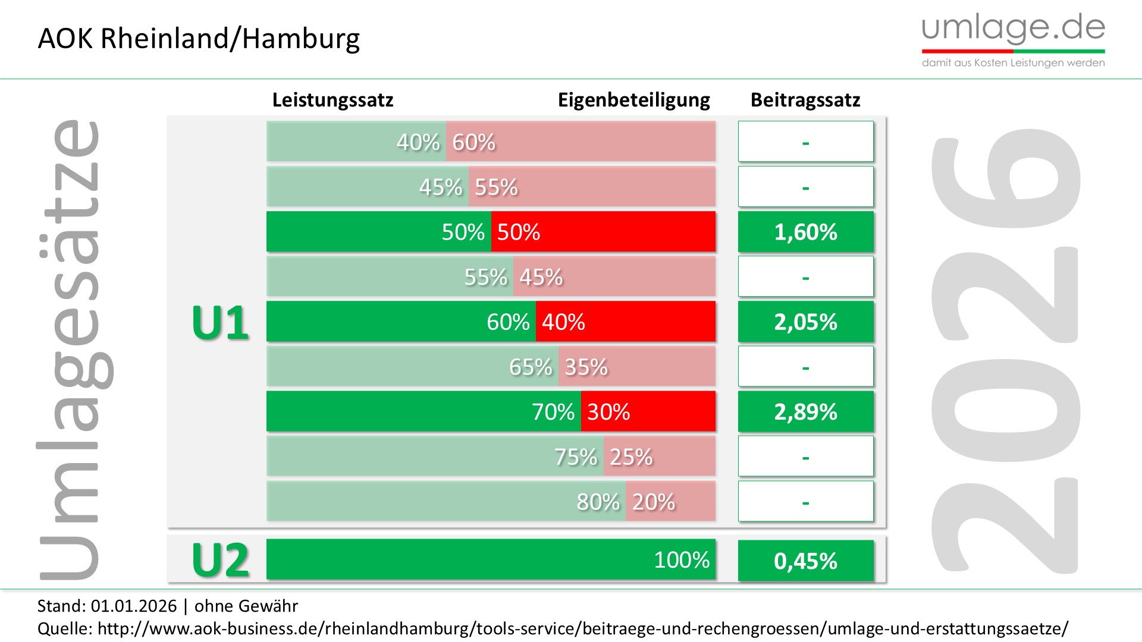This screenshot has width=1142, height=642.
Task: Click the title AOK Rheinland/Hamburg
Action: [199, 39]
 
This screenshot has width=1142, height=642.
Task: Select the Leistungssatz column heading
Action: [332, 100]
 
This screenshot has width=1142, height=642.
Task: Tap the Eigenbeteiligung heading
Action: [633, 100]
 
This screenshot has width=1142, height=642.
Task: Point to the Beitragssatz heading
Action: [805, 100]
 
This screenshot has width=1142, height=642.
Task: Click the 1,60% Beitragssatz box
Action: [805, 232]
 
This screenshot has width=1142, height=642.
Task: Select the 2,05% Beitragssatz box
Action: [805, 322]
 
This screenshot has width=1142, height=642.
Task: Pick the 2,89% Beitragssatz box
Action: [805, 411]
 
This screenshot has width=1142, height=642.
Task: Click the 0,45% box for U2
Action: [805, 561]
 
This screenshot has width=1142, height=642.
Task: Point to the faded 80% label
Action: [598, 502]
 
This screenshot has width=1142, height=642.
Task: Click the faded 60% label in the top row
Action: [473, 142]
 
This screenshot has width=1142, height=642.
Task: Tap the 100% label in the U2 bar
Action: [681, 560]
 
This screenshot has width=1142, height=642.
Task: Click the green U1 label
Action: [220, 323]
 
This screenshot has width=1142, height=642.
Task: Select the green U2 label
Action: [220, 560]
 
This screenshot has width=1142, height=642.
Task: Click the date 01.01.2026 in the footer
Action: [134, 606]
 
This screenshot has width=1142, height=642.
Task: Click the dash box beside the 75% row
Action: [805, 457]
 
